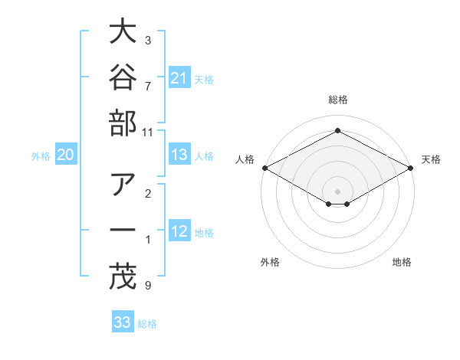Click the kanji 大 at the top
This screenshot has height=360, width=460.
(x=123, y=31)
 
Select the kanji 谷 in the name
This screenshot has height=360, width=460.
(x=123, y=77)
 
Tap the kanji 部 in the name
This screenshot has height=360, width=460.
(x=123, y=123)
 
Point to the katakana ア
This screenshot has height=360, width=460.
(x=123, y=184)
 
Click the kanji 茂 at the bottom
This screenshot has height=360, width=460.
(x=123, y=277)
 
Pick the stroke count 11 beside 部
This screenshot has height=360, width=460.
(x=147, y=133)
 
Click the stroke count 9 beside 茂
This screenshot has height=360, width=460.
(x=148, y=285)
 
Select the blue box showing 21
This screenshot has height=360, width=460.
(x=179, y=77)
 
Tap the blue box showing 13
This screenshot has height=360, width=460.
(x=179, y=154)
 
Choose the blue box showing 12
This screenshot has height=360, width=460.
(x=179, y=230)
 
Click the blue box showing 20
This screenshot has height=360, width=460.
(x=66, y=154)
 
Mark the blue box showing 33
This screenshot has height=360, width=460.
(x=123, y=321)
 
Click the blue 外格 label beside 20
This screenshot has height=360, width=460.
(x=41, y=156)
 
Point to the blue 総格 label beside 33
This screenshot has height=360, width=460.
(x=147, y=324)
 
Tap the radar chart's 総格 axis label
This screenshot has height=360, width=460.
(x=338, y=100)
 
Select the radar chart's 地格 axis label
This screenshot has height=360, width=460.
(x=402, y=262)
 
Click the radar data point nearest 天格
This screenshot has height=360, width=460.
(x=411, y=168)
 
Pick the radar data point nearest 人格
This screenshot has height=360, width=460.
(x=265, y=168)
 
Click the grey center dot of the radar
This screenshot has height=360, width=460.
(x=337, y=191)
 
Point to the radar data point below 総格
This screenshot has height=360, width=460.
(x=337, y=130)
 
